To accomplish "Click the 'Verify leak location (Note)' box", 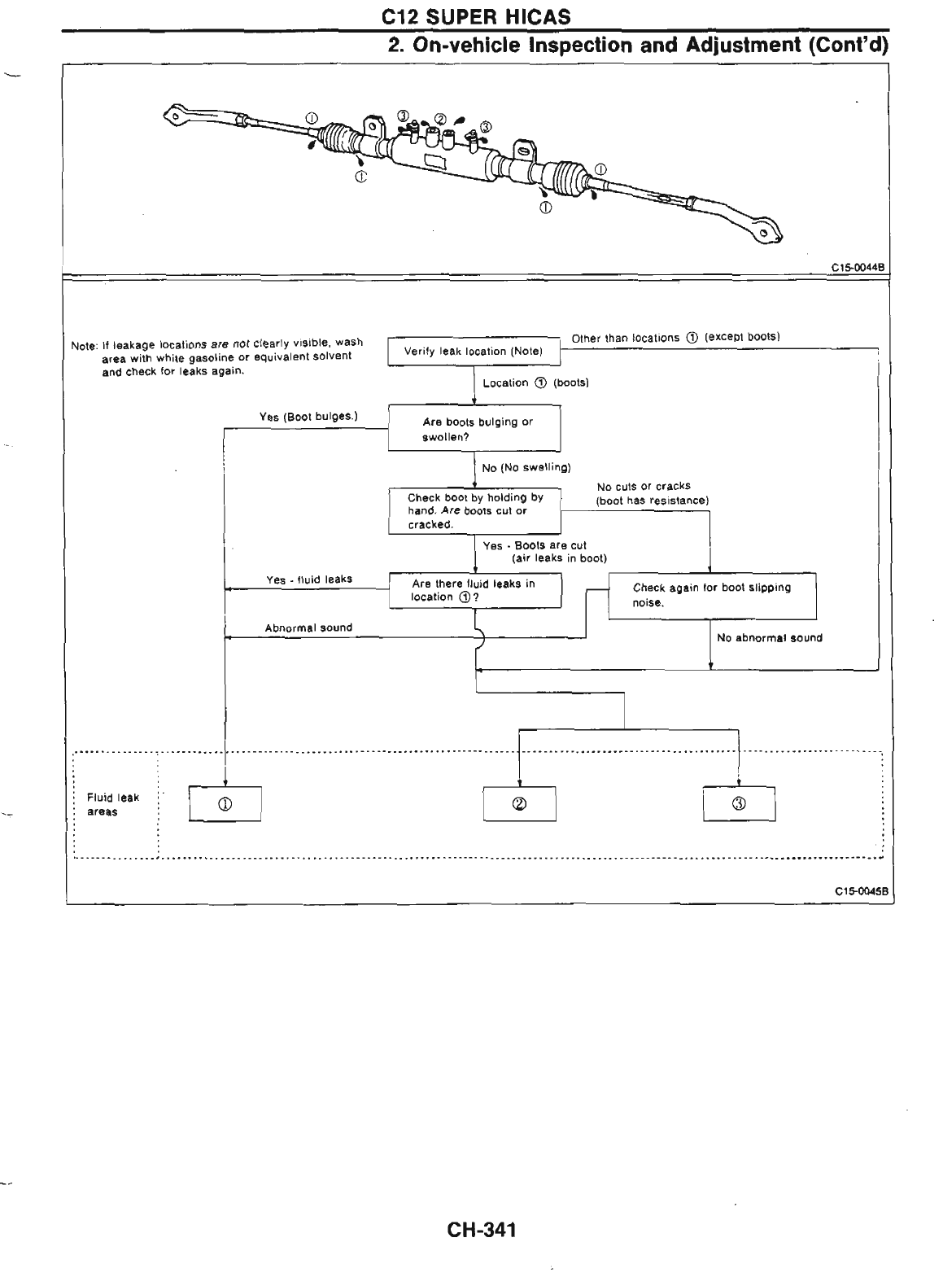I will (x=474, y=352).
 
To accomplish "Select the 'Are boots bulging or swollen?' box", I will (x=474, y=428).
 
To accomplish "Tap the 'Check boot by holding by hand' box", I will (x=474, y=510).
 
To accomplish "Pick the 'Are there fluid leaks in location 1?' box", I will (x=474, y=590).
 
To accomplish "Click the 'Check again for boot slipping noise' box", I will (x=712, y=596).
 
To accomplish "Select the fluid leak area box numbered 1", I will (x=225, y=804).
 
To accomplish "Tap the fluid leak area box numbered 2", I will (x=519, y=804).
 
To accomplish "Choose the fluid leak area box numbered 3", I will (x=739, y=804).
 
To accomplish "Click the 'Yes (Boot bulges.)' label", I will (x=308, y=417).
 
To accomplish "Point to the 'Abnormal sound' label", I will (x=308, y=628).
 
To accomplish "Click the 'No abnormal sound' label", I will (x=769, y=638).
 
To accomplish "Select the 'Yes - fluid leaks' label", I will (x=309, y=579).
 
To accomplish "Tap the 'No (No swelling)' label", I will (x=526, y=467).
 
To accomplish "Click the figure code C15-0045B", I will (x=864, y=892).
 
